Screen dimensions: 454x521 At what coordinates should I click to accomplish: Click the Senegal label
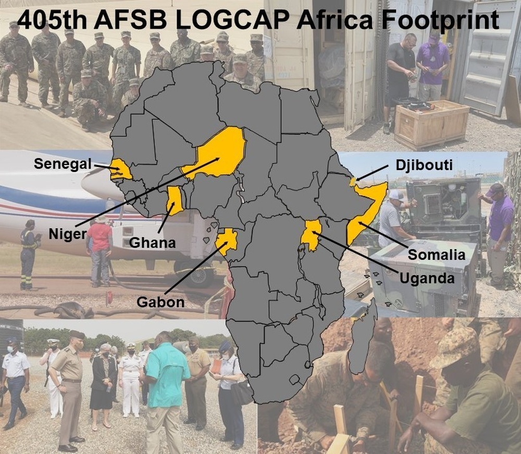point(63,164)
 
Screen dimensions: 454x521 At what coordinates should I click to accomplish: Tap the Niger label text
point(68,234)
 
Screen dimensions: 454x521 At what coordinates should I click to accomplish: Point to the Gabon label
point(160,301)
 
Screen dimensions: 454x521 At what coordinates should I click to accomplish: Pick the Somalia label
point(436,255)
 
